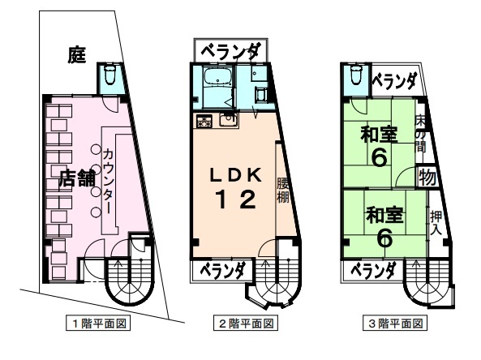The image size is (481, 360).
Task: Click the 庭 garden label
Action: (77, 54)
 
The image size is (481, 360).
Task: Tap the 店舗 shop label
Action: (77, 178)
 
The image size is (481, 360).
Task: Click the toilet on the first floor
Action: (110, 75)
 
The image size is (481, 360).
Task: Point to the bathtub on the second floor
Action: (218, 77)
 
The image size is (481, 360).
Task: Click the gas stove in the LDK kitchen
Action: (204, 121)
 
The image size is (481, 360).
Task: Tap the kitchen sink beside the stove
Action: (229, 119)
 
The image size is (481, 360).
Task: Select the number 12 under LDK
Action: (236, 199)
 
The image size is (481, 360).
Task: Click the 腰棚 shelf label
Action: (283, 191)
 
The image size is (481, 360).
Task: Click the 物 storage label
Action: (427, 178)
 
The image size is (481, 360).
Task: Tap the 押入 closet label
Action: (436, 223)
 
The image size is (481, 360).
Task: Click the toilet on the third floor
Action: (355, 75)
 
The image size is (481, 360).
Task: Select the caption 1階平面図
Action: (98, 323)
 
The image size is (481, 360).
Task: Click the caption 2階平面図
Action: (246, 324)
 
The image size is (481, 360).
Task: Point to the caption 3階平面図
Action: (395, 324)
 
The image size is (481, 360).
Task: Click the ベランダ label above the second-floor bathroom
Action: (230, 52)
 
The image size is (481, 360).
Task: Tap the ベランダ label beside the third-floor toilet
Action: (395, 82)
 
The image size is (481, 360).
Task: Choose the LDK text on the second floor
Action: (235, 176)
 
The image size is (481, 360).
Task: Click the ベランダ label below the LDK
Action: (223, 270)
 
